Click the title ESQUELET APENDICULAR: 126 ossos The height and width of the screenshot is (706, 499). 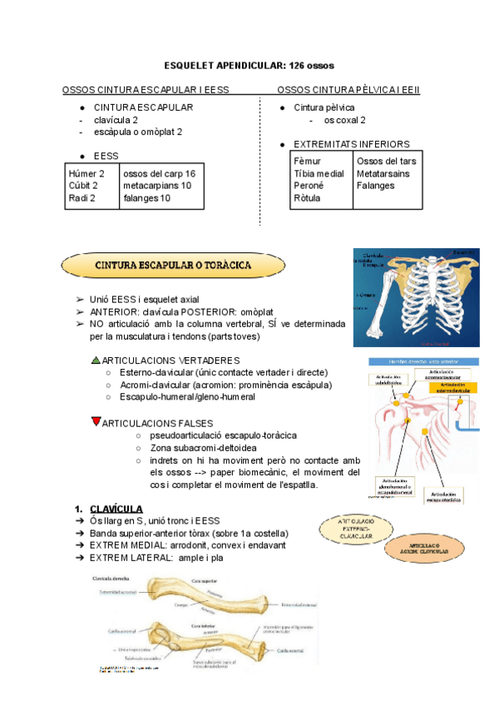249,65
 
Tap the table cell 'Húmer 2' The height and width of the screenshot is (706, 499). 86,173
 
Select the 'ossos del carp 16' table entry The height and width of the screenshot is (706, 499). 159,173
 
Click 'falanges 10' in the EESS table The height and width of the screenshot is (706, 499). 146,198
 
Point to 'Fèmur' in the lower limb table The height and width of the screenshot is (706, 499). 309,161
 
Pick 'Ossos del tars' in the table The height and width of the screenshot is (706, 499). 386,161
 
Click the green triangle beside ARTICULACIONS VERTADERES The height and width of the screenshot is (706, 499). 96,359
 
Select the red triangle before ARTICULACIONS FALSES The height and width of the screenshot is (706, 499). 96,421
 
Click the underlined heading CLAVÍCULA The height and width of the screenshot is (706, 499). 116,509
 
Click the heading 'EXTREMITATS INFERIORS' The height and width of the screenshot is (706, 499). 352,144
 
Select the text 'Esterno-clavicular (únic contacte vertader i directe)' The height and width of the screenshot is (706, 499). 224,371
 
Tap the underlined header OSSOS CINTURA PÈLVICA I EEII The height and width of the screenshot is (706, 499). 348,89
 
